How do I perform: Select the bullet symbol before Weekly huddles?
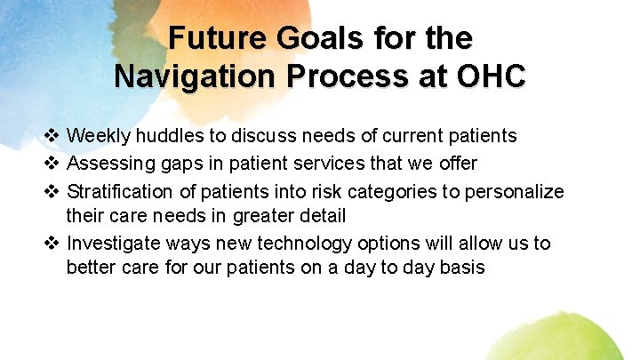[52, 136]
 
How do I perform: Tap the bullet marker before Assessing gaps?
[52, 163]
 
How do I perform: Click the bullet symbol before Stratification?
[52, 190]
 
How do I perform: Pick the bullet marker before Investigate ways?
[52, 244]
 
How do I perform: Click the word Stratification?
[118, 190]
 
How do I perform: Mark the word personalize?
[518, 190]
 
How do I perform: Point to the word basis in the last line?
[461, 268]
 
